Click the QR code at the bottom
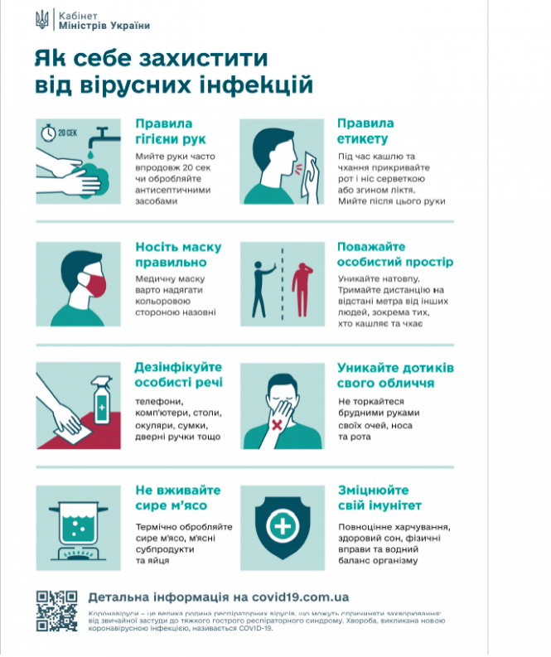click(x=58, y=610)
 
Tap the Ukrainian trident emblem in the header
click(x=43, y=20)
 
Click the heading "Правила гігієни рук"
click(x=170, y=131)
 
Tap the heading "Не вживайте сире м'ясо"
click(x=171, y=498)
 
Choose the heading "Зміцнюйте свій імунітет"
click(x=379, y=497)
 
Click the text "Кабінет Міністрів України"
click(x=105, y=20)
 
